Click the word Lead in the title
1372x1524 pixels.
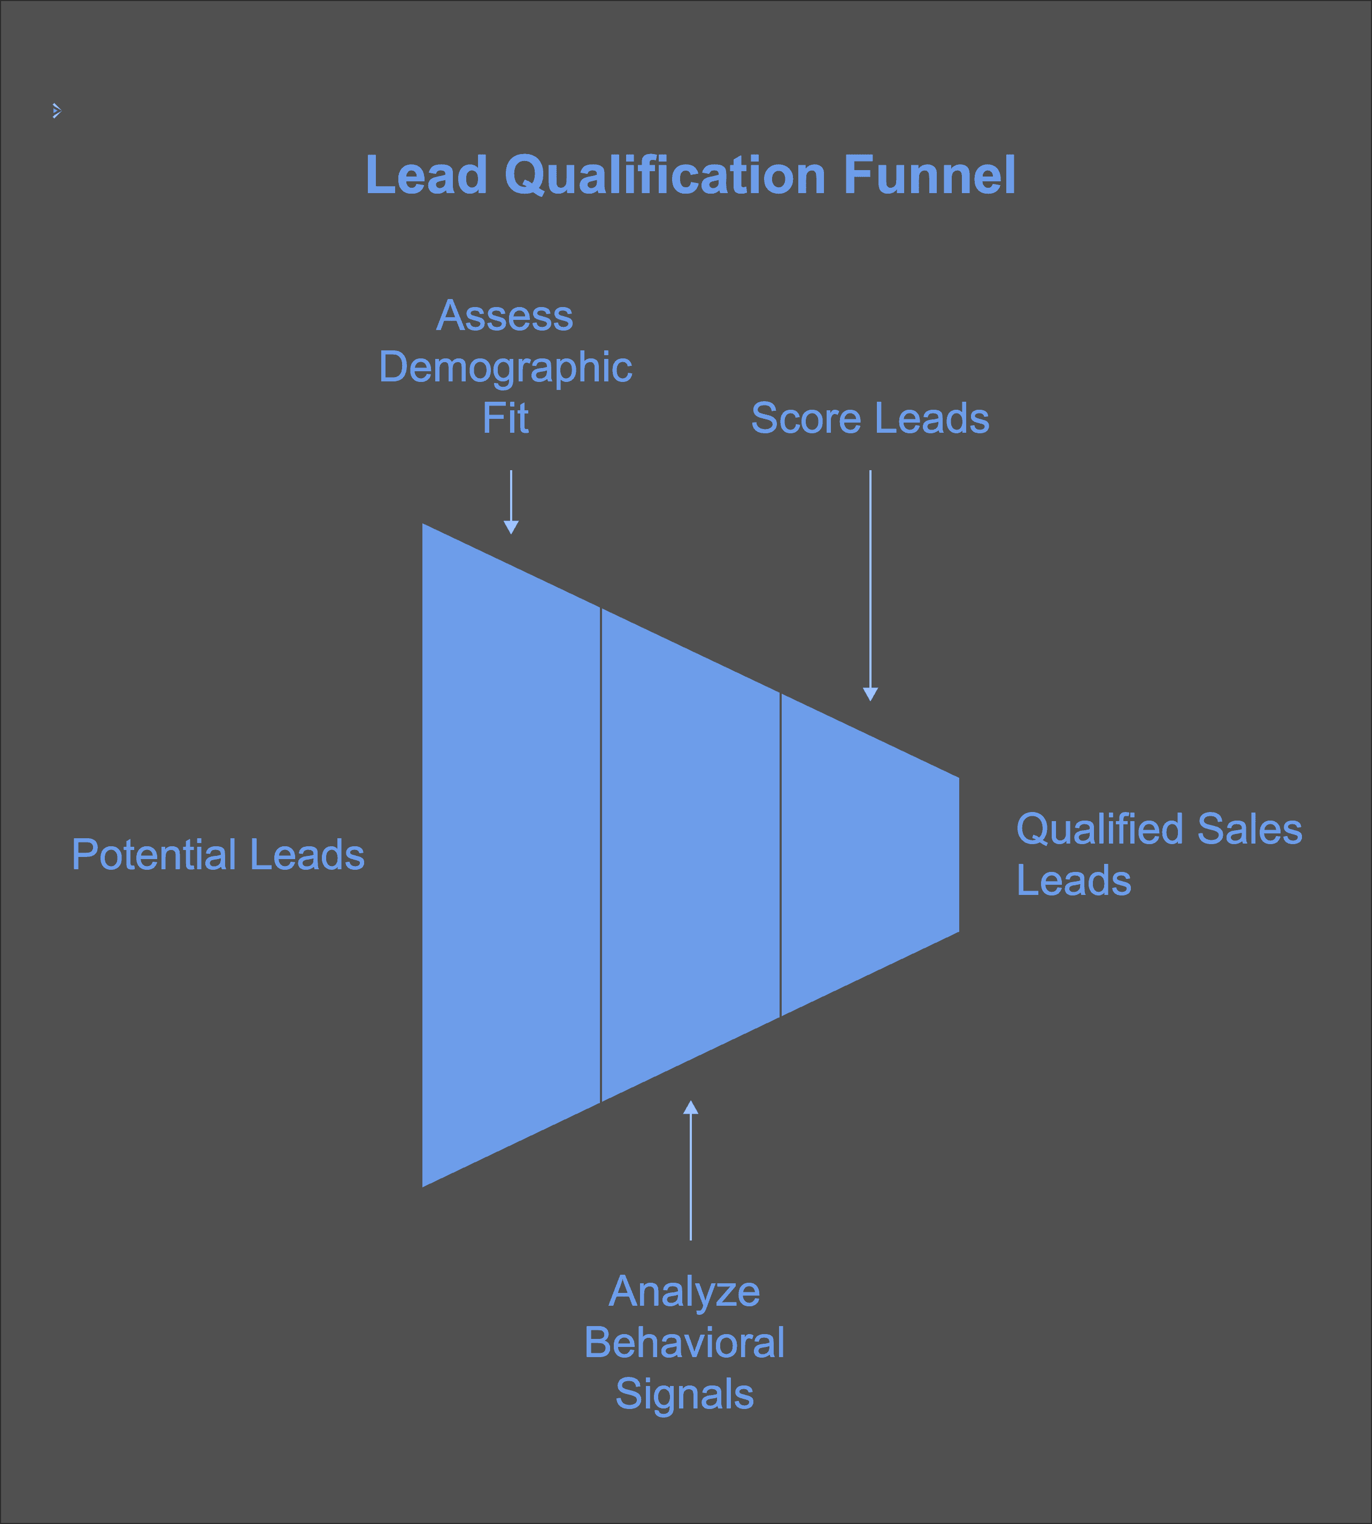pyautogui.click(x=426, y=175)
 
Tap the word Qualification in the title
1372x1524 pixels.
pyautogui.click(x=666, y=175)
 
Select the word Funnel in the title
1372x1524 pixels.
pyautogui.click(x=929, y=175)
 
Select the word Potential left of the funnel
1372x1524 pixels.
pyautogui.click(x=154, y=855)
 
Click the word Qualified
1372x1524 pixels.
pyautogui.click(x=1100, y=830)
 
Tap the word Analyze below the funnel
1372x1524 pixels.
pyautogui.click(x=684, y=1292)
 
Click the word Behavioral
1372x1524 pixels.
pyautogui.click(x=684, y=1343)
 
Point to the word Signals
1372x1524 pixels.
pyautogui.click(x=684, y=1393)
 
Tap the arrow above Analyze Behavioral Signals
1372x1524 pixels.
pyautogui.click(x=690, y=1169)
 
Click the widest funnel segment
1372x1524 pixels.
pyautogui.click(x=511, y=855)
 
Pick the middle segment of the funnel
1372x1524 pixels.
pyautogui.click(x=690, y=855)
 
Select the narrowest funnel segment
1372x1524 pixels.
pyautogui.click(x=870, y=855)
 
